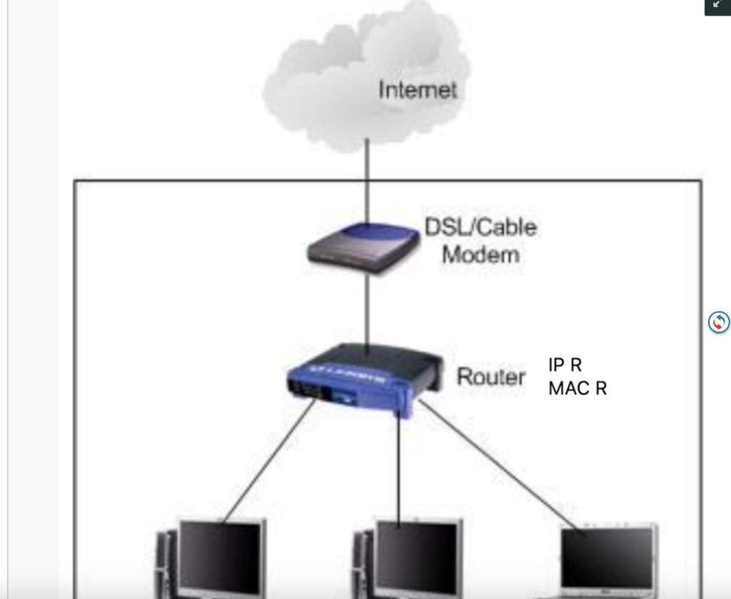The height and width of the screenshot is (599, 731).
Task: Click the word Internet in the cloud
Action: [417, 90]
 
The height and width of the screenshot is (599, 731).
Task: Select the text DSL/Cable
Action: [480, 228]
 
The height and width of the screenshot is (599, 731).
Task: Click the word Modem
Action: [480, 254]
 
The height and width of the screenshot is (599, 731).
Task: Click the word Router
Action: [490, 376]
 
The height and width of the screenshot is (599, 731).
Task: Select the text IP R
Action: [565, 365]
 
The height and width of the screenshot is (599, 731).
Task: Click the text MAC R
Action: [577, 389]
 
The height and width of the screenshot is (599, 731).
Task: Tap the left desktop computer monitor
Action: [221, 557]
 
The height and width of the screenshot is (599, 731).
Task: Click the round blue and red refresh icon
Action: [719, 322]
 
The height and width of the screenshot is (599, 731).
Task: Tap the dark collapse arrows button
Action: [717, 6]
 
